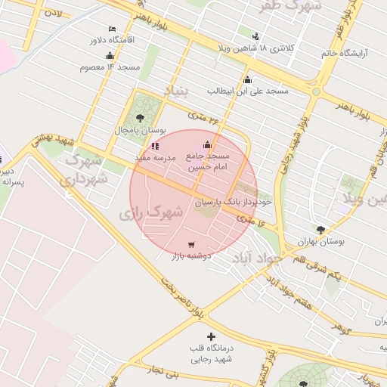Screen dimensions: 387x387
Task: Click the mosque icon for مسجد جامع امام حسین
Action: point(208,145)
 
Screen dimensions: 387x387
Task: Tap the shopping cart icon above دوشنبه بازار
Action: point(191,244)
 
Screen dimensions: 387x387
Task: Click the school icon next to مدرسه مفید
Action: point(155,146)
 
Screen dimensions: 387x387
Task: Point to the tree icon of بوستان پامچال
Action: point(141,117)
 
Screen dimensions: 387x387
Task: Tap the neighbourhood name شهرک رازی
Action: point(151,212)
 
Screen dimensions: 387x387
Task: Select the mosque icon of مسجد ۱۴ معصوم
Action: point(110,55)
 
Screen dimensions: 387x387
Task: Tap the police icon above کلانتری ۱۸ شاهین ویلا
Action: point(255,36)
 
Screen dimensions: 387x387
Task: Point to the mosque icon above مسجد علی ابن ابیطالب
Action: point(247,79)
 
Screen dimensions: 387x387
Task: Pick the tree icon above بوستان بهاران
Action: point(320,230)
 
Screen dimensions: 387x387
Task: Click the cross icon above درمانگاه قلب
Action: point(211,336)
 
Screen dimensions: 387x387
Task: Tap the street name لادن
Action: point(53,13)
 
